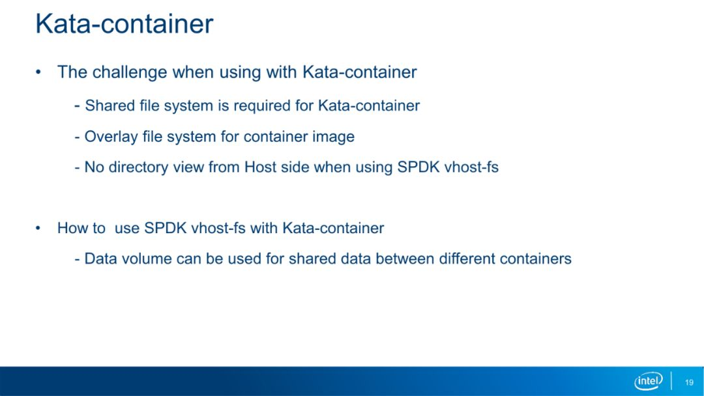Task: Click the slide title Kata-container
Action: tap(125, 23)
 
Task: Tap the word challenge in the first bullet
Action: tap(130, 73)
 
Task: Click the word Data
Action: tap(99, 259)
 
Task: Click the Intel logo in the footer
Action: tap(649, 381)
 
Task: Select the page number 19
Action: tap(689, 382)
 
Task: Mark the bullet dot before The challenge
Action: tap(38, 73)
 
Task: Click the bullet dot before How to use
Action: tap(38, 229)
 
